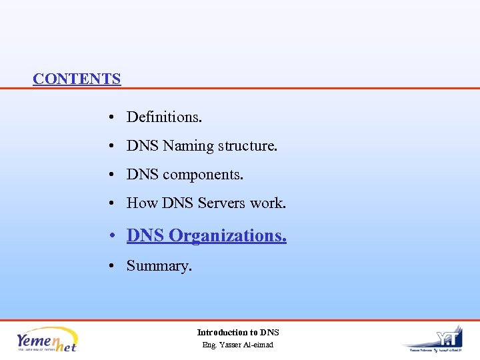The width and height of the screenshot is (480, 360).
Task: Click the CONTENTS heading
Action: click(77, 79)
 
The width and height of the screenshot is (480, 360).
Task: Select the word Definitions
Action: click(164, 117)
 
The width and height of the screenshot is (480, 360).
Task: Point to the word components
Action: click(203, 175)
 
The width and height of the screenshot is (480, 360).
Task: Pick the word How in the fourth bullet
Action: click(142, 203)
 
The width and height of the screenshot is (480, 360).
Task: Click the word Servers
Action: click(222, 203)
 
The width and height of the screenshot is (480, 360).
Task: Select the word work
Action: click(268, 203)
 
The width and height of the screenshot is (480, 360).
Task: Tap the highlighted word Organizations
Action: click(228, 236)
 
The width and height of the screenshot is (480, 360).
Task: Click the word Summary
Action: click(159, 266)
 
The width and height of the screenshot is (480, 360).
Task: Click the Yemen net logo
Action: click(47, 339)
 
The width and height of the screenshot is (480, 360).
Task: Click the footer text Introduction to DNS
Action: click(238, 332)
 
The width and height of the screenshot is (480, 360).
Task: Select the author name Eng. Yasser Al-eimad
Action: click(238, 345)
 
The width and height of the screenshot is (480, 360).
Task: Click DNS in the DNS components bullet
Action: click(143, 175)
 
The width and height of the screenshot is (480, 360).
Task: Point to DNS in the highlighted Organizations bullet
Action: click(145, 236)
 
